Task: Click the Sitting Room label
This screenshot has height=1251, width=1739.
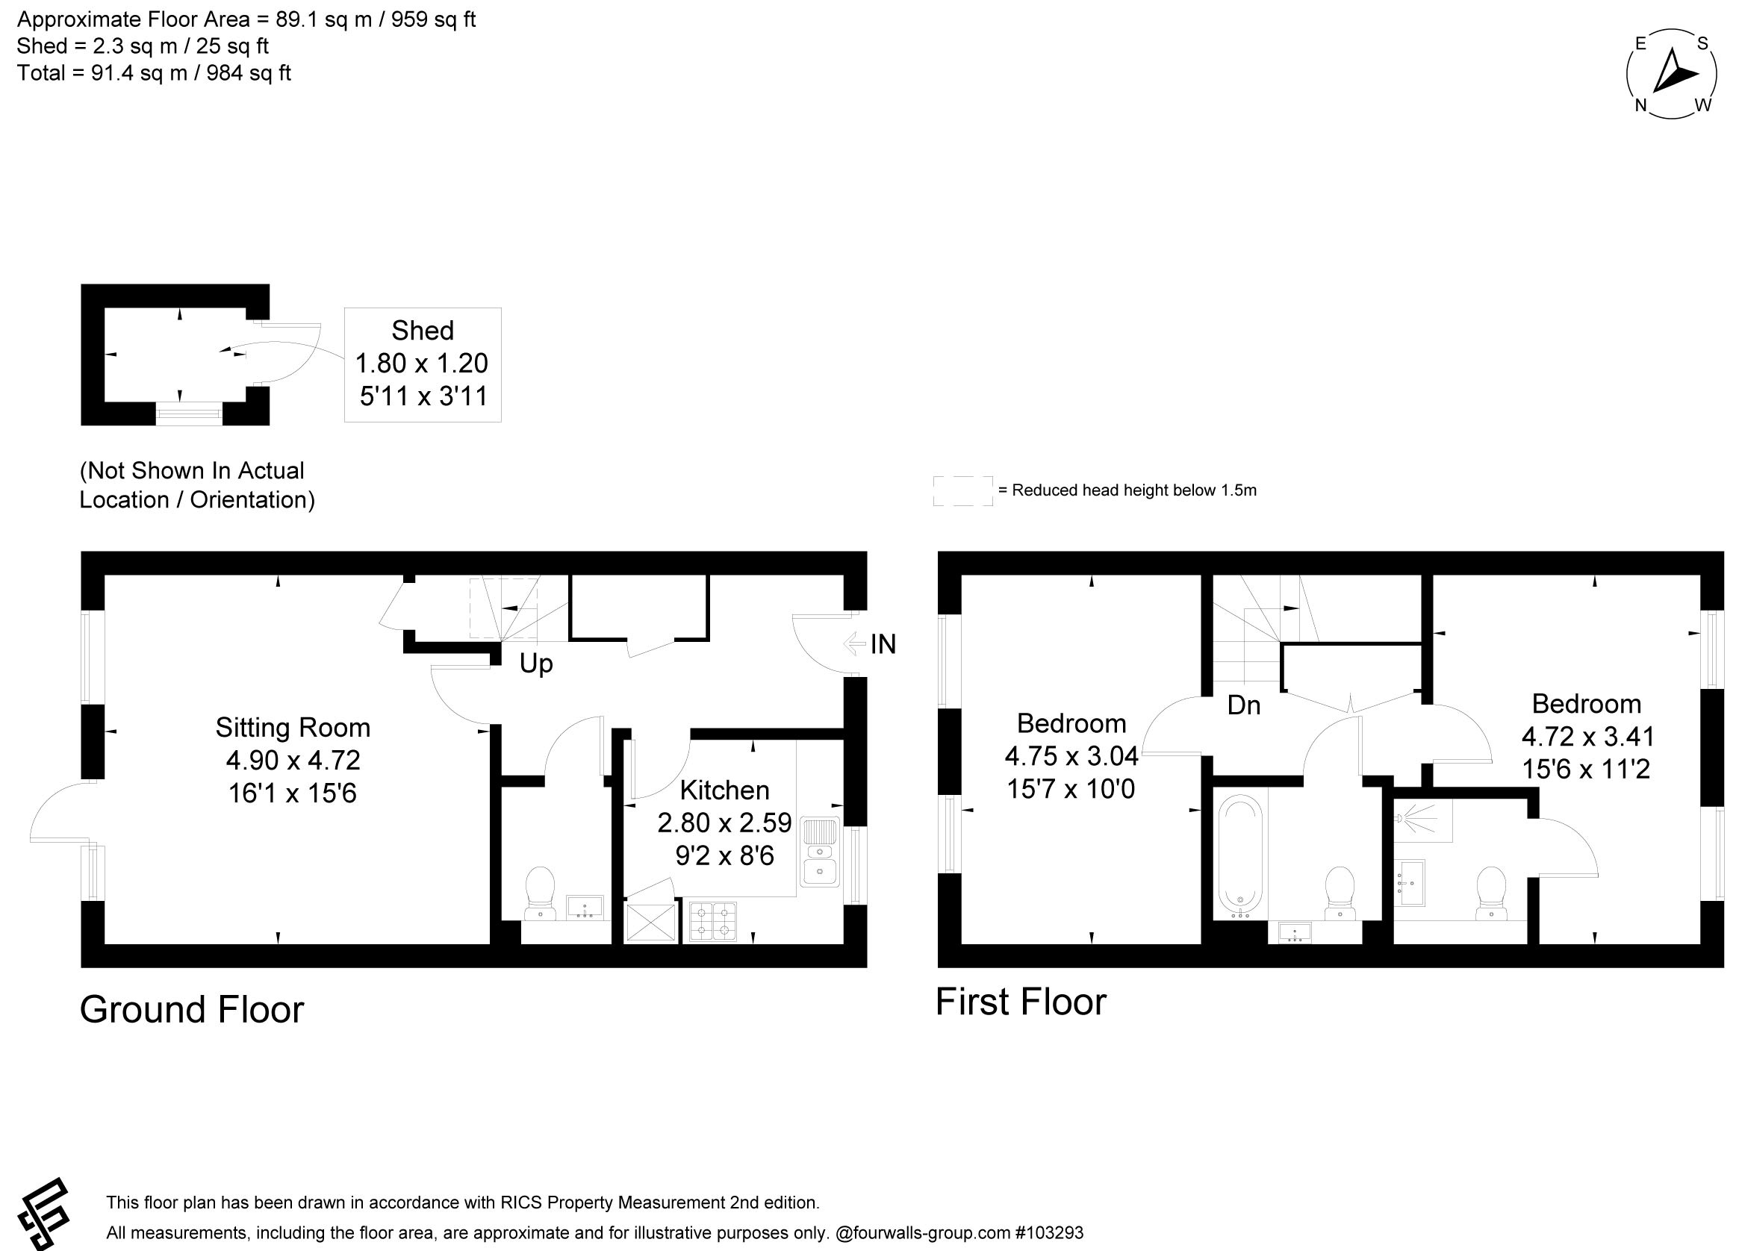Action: [292, 728]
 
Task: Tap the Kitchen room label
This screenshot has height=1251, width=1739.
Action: [724, 790]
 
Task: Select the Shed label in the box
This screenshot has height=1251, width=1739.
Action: [423, 331]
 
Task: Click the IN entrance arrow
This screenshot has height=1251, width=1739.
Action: [854, 644]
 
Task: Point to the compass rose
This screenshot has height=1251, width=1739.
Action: [1672, 75]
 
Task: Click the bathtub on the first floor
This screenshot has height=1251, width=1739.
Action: [1239, 856]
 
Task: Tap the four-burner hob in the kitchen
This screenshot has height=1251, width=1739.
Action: [713, 921]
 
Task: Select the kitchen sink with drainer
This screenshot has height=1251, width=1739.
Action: [820, 852]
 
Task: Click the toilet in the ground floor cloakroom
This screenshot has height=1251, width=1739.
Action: [541, 893]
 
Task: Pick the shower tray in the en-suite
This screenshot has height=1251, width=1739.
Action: [1422, 821]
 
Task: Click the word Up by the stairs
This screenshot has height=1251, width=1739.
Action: [536, 664]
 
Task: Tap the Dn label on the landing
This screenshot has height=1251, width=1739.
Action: [1244, 705]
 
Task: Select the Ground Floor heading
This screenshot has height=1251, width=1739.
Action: [192, 1010]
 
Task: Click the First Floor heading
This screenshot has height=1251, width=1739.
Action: [1021, 1002]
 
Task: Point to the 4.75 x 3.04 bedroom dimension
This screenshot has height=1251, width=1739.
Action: [1071, 756]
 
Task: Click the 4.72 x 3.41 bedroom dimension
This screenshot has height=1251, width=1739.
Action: [1587, 737]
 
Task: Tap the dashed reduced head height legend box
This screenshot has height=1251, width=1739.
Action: [962, 490]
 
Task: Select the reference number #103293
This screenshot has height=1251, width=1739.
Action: [1049, 1232]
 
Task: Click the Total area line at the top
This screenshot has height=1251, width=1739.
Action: [154, 74]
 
